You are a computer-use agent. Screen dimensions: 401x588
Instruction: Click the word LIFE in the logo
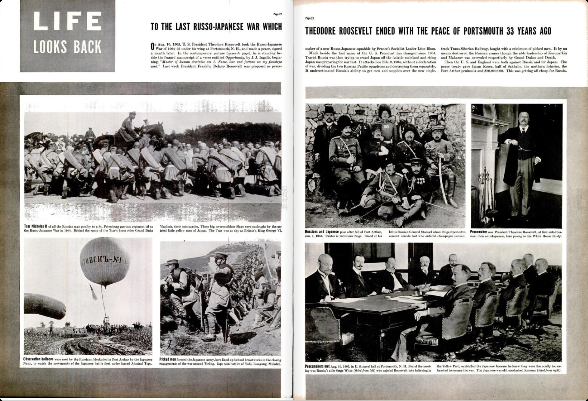pyautogui.click(x=67, y=21)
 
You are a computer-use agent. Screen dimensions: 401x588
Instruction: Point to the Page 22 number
pyautogui.click(x=277, y=14)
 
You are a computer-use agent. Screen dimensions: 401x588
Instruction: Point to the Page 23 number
pyautogui.click(x=309, y=18)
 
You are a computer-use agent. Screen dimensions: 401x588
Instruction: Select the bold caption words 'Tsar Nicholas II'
pyautogui.click(x=34, y=226)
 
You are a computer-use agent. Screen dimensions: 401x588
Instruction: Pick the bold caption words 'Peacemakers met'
pyautogui.click(x=317, y=366)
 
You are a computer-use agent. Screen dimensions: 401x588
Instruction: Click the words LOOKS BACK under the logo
pyautogui.click(x=67, y=47)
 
